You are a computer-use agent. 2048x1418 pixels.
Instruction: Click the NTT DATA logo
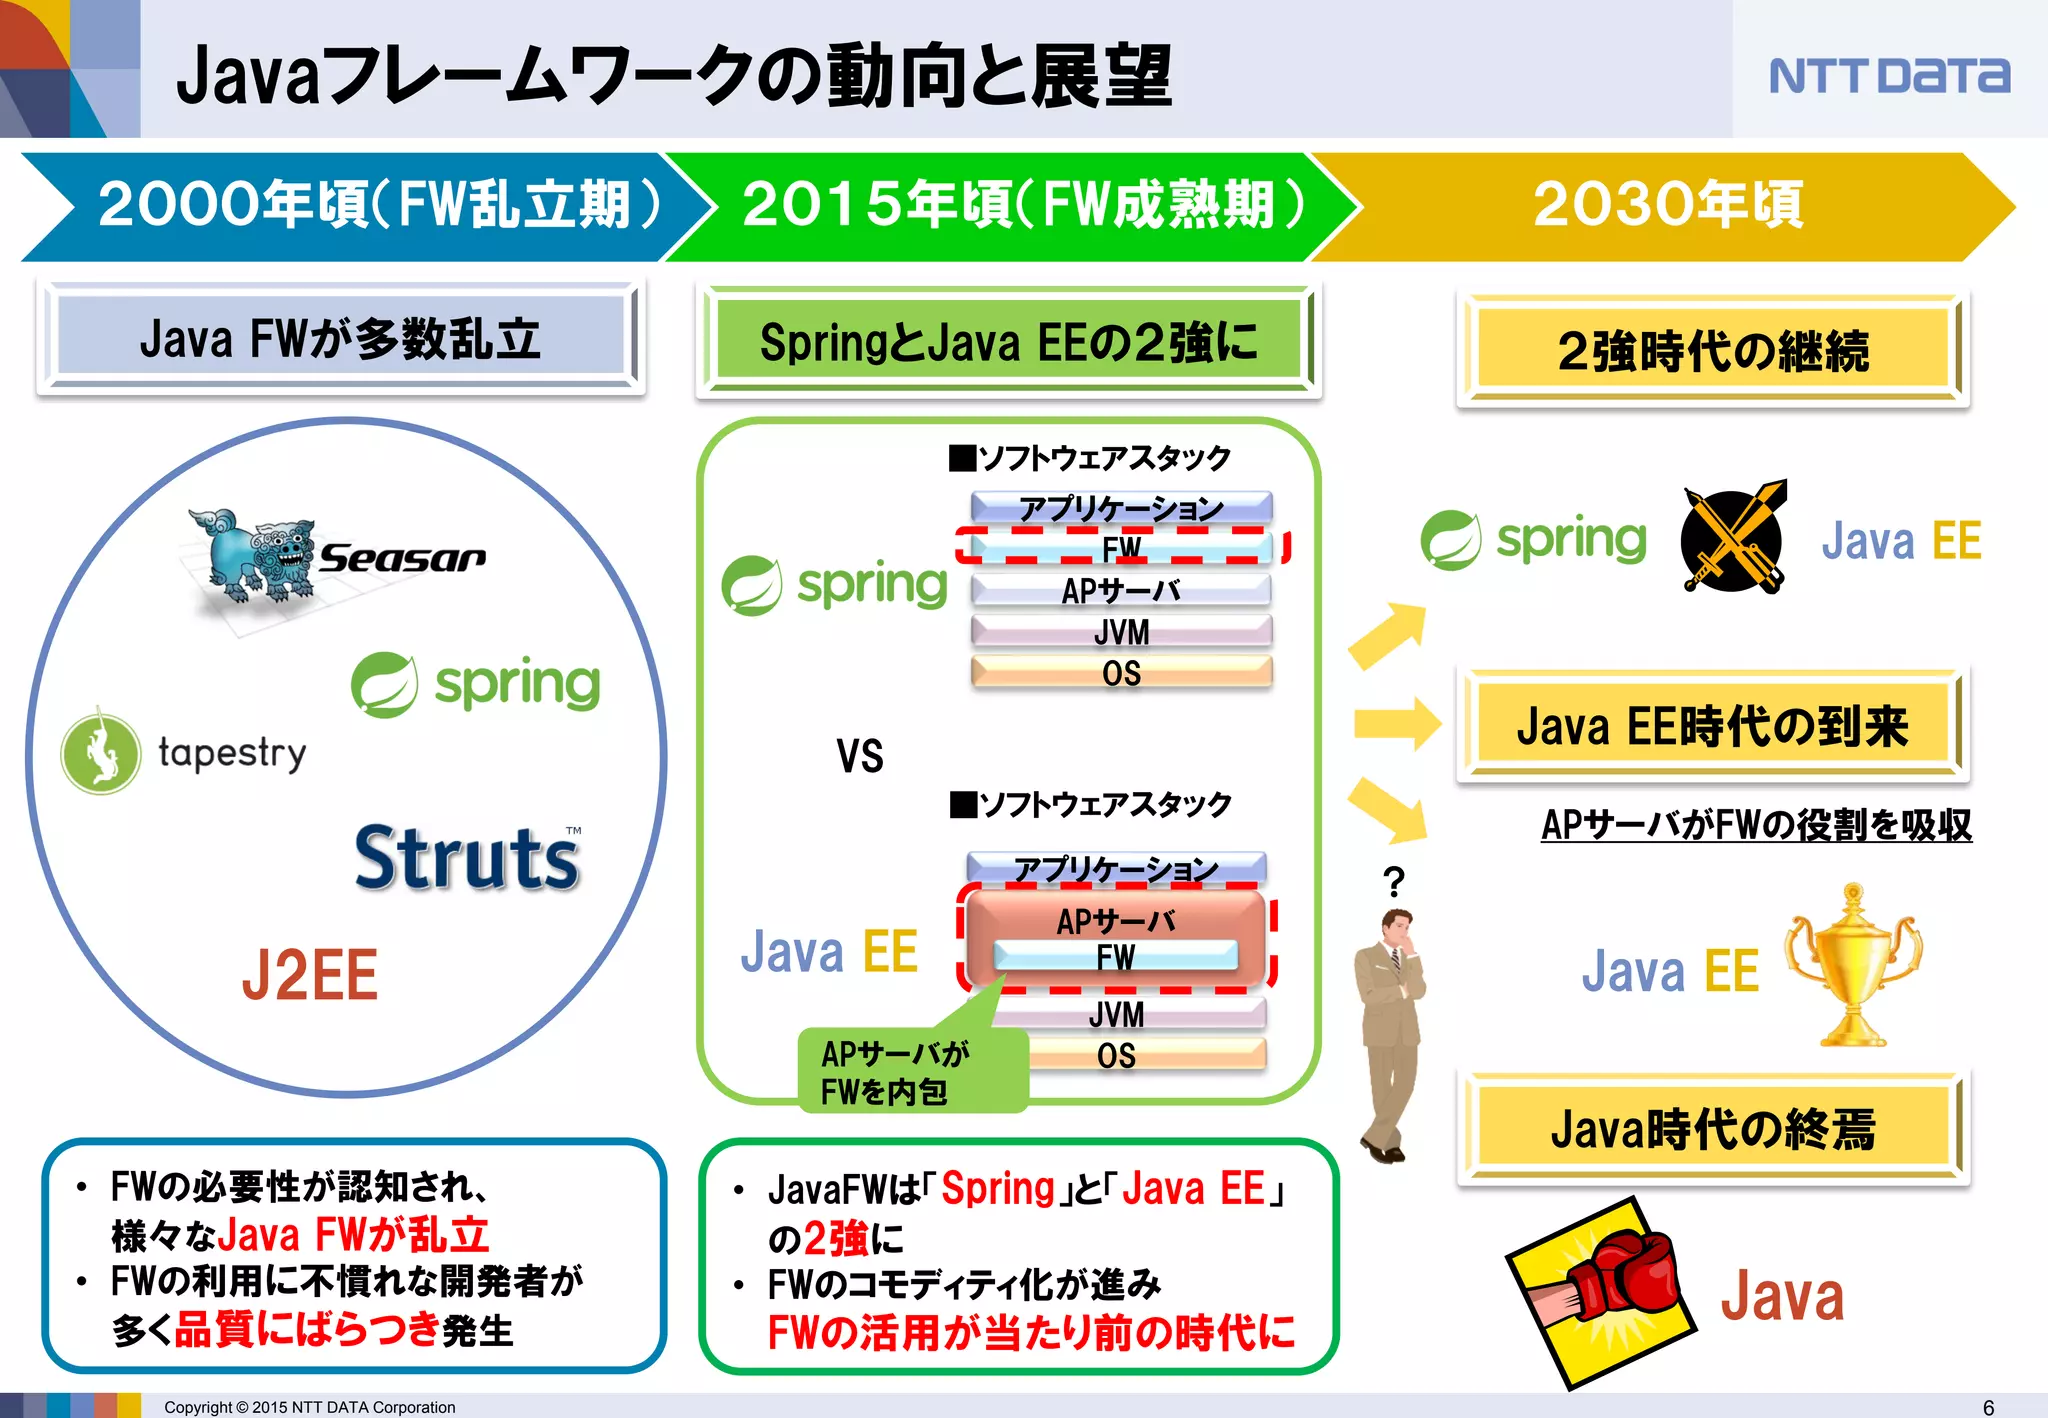point(1888,76)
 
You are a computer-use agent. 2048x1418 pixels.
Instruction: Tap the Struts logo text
point(467,859)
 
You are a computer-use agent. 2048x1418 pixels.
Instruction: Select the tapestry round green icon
point(100,752)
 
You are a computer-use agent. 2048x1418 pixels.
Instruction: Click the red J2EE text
point(310,975)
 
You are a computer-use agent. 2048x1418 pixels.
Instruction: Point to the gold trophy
point(1853,965)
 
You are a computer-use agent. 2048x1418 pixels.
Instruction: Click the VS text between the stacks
point(860,756)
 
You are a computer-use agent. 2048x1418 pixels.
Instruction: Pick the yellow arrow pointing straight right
point(1396,723)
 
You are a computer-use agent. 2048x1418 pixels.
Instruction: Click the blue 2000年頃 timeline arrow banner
point(360,206)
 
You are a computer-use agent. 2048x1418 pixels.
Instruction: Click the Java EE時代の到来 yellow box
point(1712,726)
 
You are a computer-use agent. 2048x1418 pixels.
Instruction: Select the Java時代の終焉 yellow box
point(1712,1130)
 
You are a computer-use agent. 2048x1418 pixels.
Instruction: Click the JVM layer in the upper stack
point(1121,632)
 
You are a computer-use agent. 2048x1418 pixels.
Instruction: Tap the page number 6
point(1988,1407)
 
